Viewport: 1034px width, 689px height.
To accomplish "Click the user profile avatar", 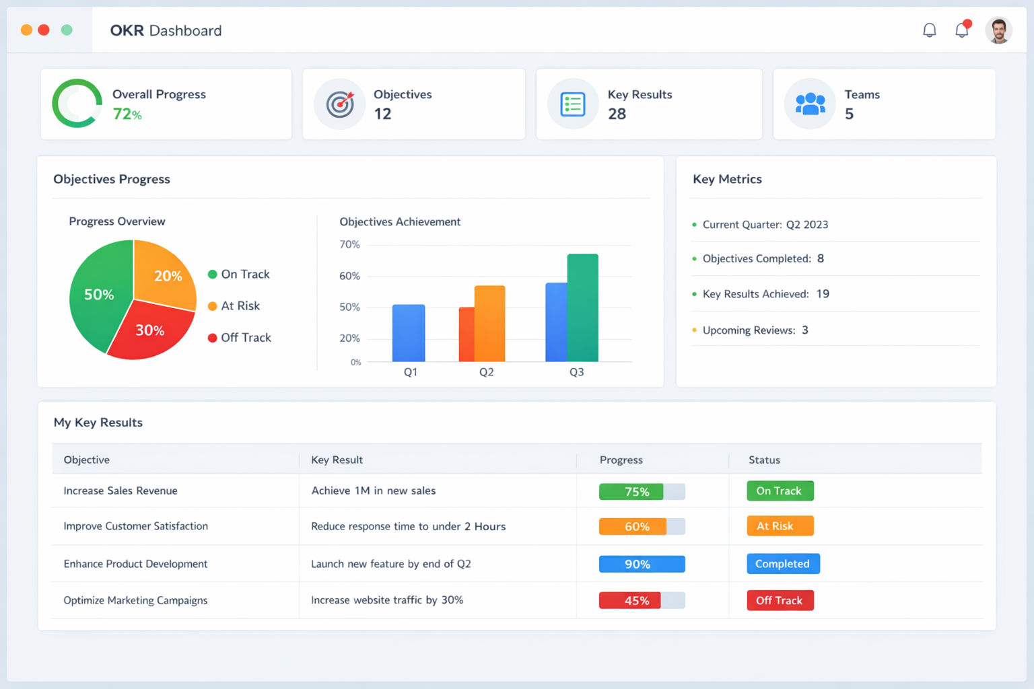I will coord(998,30).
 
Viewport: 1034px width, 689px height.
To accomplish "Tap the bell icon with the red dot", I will coord(962,30).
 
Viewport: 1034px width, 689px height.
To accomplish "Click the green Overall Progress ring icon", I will coord(77,104).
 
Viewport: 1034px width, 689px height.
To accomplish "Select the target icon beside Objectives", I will coord(340,104).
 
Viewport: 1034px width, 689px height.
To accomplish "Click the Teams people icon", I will coord(810,104).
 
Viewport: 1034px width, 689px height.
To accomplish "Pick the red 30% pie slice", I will coord(149,331).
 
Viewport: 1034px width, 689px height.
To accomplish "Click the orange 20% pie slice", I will coord(165,273).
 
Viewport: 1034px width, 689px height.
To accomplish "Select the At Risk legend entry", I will coord(234,306).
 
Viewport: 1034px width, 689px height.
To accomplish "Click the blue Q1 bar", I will coord(409,333).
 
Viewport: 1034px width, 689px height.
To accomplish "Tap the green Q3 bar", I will coord(583,308).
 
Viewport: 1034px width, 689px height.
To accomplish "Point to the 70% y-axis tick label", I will coord(349,244).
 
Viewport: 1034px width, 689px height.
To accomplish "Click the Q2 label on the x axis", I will coord(486,372).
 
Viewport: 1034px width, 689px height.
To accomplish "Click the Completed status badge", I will coord(783,564).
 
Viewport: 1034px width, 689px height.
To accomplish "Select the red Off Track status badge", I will coord(780,600).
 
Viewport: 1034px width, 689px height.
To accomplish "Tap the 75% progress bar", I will coord(642,492).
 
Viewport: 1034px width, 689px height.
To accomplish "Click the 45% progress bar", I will coord(642,600).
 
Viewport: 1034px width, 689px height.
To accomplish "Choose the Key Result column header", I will coord(337,460).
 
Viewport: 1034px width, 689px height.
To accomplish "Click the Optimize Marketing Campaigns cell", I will coord(135,600).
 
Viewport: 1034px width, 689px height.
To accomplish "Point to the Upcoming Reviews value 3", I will coord(805,330).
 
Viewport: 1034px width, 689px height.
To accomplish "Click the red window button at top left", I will coord(44,30).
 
